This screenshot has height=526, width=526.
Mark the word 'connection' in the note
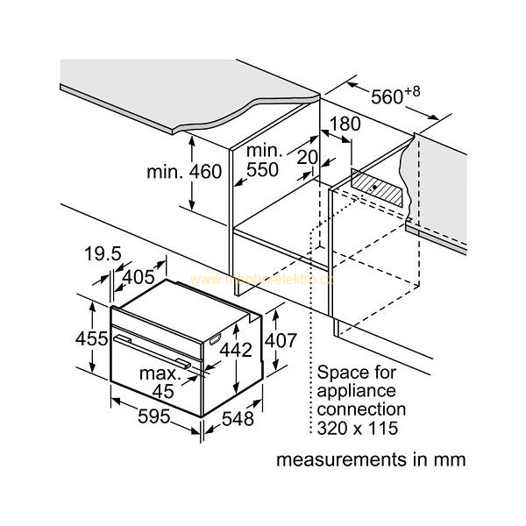360,409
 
